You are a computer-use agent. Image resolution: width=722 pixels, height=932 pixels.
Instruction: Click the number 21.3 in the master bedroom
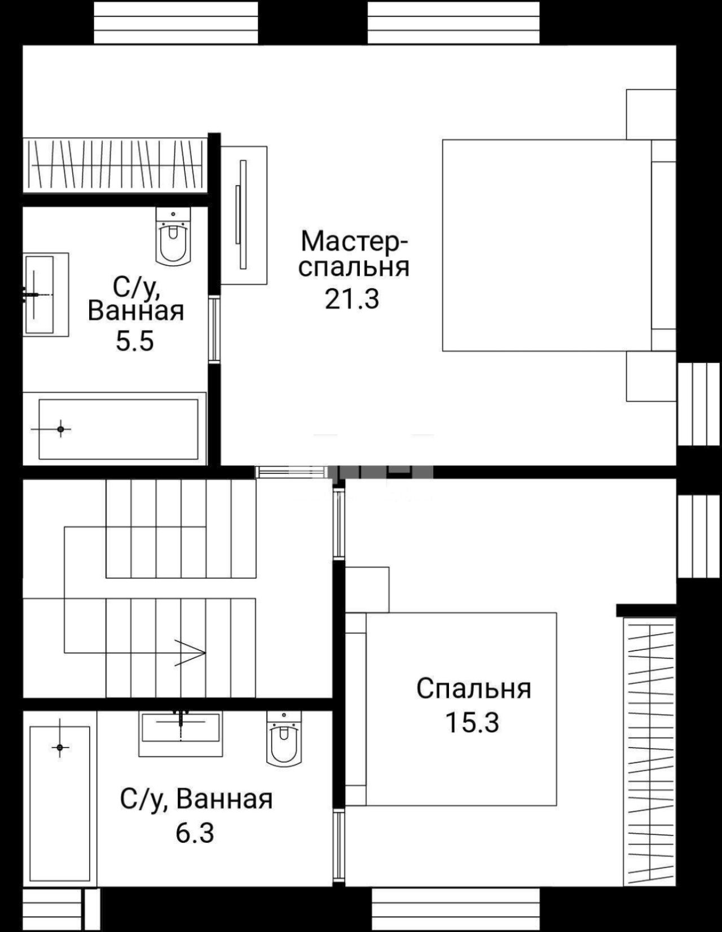click(351, 299)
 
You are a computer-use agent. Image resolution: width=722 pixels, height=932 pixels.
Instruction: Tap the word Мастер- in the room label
click(354, 241)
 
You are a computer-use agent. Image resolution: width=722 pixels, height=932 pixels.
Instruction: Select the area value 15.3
click(473, 722)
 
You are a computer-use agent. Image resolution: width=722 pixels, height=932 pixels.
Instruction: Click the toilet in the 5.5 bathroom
click(173, 235)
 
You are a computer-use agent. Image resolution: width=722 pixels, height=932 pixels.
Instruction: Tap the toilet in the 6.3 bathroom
click(284, 738)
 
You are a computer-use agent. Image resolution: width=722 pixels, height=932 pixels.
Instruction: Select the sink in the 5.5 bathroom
click(46, 294)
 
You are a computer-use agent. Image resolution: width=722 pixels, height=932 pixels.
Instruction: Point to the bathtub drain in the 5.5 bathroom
click(60, 429)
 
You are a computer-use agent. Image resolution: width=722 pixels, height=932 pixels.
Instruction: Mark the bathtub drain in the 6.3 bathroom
click(60, 748)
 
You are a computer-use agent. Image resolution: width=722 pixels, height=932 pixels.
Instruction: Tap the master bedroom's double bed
click(559, 245)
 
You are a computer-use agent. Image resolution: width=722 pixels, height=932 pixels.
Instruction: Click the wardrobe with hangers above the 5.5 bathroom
click(115, 165)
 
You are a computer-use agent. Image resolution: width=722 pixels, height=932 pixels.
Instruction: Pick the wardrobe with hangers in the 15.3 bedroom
click(650, 752)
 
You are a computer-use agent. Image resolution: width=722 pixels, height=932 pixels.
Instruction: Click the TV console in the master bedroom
click(244, 215)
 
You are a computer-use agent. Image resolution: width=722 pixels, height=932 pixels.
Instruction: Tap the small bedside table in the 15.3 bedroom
click(367, 590)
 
